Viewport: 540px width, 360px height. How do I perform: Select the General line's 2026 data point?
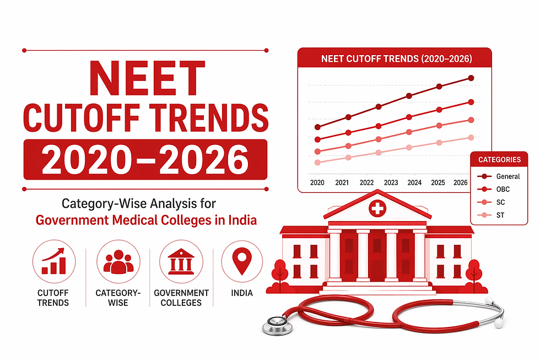471,78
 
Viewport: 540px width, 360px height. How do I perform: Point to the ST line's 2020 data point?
317,163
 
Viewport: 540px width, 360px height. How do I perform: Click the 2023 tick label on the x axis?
391,182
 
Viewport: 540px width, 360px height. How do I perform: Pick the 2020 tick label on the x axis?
317,182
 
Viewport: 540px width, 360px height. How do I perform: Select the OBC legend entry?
499,189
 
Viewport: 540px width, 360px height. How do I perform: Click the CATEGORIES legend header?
499,160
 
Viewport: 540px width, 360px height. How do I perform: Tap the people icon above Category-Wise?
118,261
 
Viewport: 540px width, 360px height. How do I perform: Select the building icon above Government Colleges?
181,261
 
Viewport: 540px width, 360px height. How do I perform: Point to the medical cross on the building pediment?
377,208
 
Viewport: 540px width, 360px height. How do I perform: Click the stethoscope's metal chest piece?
275,326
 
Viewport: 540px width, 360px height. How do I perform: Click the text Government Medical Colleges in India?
146,221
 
